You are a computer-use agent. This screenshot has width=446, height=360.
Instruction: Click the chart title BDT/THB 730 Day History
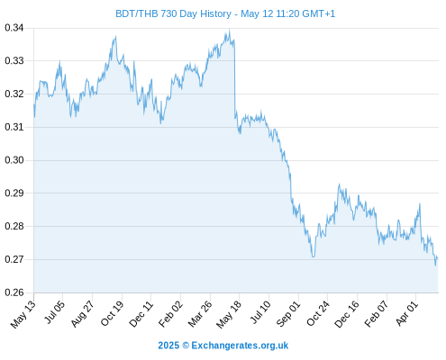point(173,13)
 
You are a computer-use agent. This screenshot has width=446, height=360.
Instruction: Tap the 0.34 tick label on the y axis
point(14,28)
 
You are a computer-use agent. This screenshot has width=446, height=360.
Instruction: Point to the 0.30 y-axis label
point(14,160)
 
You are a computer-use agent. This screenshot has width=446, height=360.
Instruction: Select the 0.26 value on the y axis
point(14,292)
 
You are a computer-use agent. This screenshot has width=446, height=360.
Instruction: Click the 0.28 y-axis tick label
point(14,226)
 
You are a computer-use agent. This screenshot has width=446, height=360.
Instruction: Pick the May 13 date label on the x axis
point(23,314)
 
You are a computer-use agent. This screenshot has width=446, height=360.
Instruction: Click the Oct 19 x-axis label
point(112,313)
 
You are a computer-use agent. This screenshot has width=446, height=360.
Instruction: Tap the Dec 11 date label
point(141,314)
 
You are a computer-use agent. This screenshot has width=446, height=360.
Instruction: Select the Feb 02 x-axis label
point(170,314)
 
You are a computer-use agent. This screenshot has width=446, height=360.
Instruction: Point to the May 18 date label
point(229,314)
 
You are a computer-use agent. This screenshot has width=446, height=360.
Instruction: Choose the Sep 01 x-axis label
point(288,314)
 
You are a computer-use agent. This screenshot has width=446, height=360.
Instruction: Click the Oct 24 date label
point(318,314)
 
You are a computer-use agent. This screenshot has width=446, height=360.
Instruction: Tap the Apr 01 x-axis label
point(406,313)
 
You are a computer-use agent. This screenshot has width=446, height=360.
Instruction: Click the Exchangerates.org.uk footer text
point(240,346)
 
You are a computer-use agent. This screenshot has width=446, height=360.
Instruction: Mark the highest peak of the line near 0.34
point(230,30)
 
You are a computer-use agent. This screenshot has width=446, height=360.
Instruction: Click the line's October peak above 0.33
point(115,37)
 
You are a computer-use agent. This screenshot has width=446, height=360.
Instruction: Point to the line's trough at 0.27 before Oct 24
point(314,256)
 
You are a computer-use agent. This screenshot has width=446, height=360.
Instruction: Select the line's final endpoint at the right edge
point(438,258)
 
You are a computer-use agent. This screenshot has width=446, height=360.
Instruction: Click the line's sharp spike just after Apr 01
point(420,204)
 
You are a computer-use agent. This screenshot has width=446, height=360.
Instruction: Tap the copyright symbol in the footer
point(186,346)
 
